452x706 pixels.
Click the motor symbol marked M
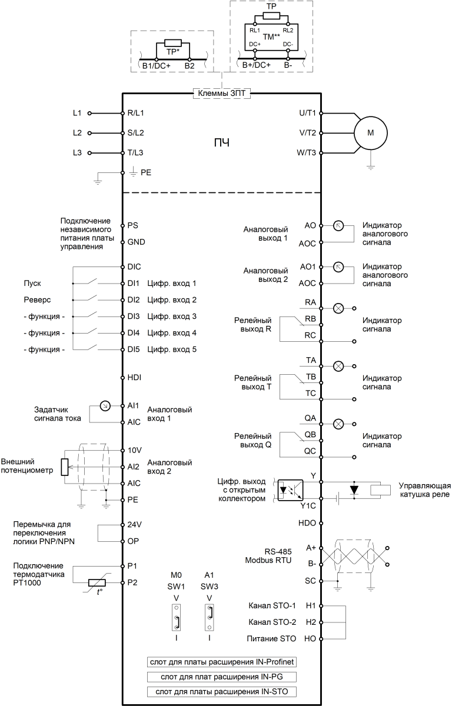[x=371, y=133]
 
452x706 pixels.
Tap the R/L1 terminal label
[x=135, y=113]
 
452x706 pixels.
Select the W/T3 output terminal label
[x=306, y=152]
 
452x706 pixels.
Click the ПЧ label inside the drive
[x=222, y=143]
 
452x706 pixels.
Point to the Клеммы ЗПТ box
[x=222, y=94]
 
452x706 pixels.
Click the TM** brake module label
[x=271, y=37]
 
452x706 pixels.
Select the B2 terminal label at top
[x=190, y=66]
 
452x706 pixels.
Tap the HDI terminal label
[x=134, y=377]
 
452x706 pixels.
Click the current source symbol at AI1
[x=105, y=405]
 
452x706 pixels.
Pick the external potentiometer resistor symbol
[x=65, y=467]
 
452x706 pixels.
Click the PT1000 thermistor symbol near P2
[x=97, y=582]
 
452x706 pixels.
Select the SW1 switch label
[x=176, y=587]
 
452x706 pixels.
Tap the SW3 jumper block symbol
[x=210, y=617]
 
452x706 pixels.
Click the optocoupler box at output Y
[x=290, y=490]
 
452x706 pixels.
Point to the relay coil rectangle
[x=380, y=490]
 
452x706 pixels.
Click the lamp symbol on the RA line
[x=338, y=308]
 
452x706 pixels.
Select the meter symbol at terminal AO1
[x=338, y=267]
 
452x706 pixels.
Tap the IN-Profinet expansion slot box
[x=222, y=662]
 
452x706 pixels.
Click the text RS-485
[x=278, y=552]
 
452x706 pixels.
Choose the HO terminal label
[x=310, y=639]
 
